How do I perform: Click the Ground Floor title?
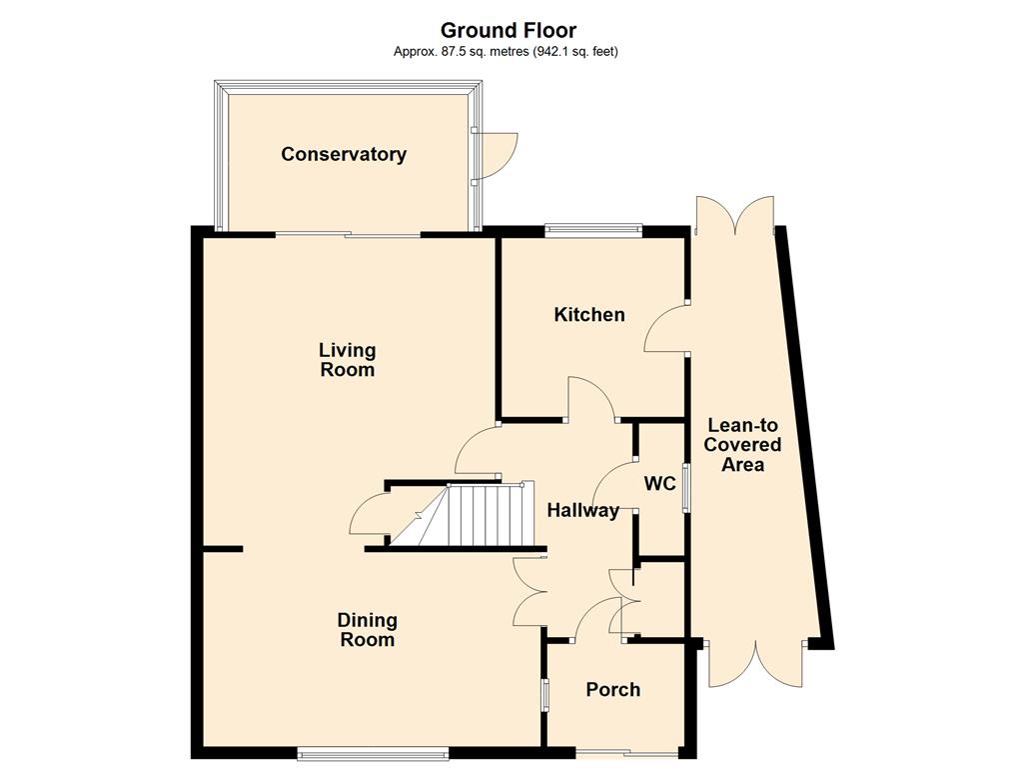click(x=509, y=31)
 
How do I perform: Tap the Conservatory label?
click(x=344, y=154)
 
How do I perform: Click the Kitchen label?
click(x=589, y=314)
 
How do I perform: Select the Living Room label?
click(x=347, y=360)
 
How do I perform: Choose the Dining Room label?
click(x=368, y=630)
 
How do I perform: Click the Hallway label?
click(x=582, y=510)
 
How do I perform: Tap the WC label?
click(x=659, y=484)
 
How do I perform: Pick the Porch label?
click(x=612, y=690)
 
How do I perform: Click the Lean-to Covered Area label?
click(x=742, y=445)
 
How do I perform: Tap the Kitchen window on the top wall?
click(x=593, y=229)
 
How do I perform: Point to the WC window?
click(x=685, y=488)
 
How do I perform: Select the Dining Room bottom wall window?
click(x=374, y=753)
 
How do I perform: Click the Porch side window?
click(x=544, y=695)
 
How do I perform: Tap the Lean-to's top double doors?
click(x=736, y=216)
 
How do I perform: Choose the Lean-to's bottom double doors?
click(x=757, y=663)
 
